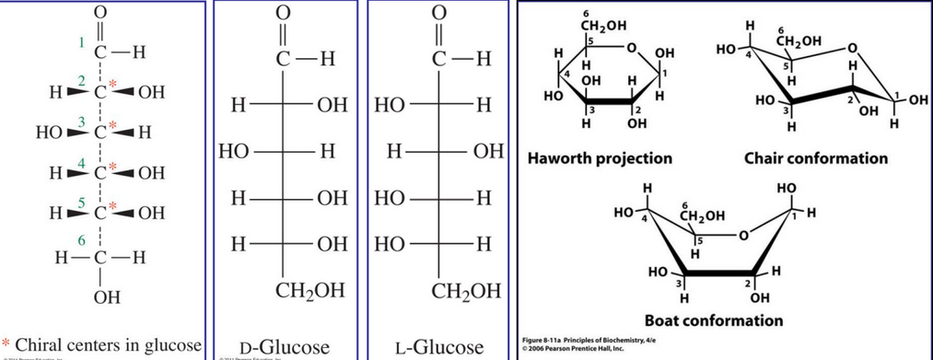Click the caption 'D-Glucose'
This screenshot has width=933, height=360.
click(284, 347)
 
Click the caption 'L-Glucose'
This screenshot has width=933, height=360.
click(438, 347)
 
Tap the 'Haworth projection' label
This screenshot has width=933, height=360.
click(600, 158)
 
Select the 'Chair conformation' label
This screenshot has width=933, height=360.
click(817, 158)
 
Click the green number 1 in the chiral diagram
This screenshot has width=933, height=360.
click(82, 42)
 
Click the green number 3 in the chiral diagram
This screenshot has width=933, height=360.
click(82, 122)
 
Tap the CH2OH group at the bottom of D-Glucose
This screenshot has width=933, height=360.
click(310, 291)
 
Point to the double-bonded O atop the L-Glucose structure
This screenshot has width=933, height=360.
click(440, 13)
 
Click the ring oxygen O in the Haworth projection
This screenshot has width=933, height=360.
click(632, 47)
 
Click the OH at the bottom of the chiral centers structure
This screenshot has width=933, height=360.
click(99, 296)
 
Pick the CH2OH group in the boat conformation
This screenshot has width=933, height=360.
click(702, 217)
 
